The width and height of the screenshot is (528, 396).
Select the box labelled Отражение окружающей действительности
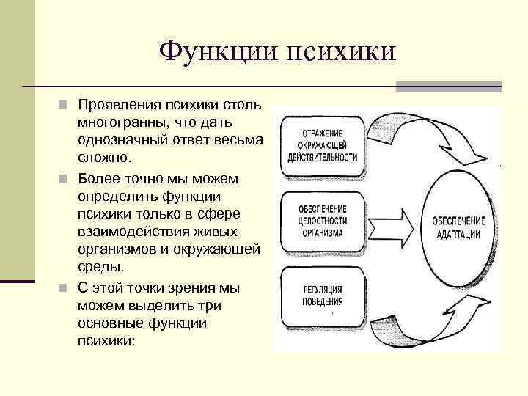322,145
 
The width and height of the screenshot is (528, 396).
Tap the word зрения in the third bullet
186,288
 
